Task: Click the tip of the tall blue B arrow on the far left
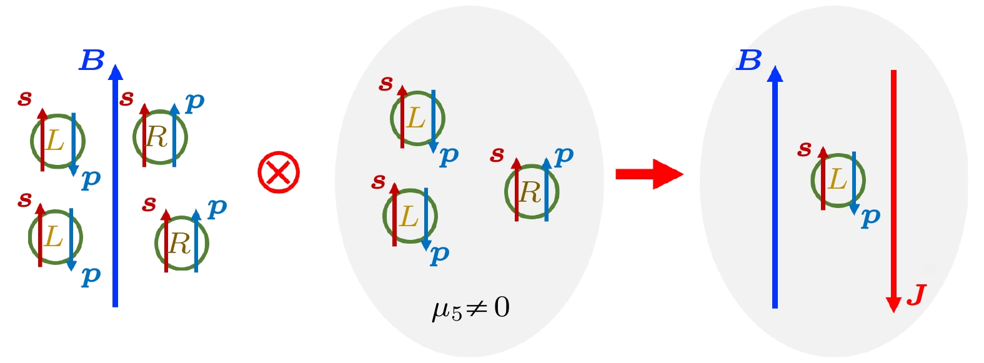116,64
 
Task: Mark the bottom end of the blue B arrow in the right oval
775,308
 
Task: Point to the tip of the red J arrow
893,312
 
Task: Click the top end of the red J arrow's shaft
893,71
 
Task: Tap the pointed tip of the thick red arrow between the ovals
683,174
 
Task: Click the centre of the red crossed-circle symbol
279,172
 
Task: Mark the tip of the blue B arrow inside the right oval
775,66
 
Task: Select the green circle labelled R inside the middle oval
532,192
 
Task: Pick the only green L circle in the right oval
838,180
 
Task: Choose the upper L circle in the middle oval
418,119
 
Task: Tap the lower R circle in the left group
182,243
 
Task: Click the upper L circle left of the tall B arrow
57,141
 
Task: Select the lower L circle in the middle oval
410,216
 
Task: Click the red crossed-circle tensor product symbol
279,172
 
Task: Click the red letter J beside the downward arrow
917,296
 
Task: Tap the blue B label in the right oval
748,60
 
